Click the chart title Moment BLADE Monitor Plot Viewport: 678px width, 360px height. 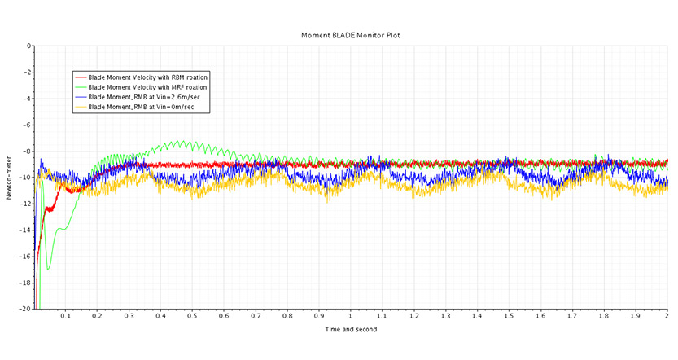(351, 35)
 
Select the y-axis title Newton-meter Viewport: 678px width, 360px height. (9, 178)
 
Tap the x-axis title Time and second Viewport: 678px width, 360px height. (351, 329)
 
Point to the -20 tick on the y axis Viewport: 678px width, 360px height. (27, 309)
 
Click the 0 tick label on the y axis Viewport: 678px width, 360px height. (29, 46)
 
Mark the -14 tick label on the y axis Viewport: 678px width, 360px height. (27, 230)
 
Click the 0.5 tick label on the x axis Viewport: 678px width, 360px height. (192, 316)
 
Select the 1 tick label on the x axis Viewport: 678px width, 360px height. (351, 316)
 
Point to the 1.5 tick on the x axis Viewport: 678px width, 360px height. (509, 316)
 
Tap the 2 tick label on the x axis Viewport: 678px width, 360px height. (667, 316)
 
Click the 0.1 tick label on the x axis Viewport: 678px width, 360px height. (66, 316)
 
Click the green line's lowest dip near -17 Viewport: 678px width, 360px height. (47, 269)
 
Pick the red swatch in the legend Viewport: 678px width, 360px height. (81, 77)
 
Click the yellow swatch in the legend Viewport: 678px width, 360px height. (81, 107)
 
